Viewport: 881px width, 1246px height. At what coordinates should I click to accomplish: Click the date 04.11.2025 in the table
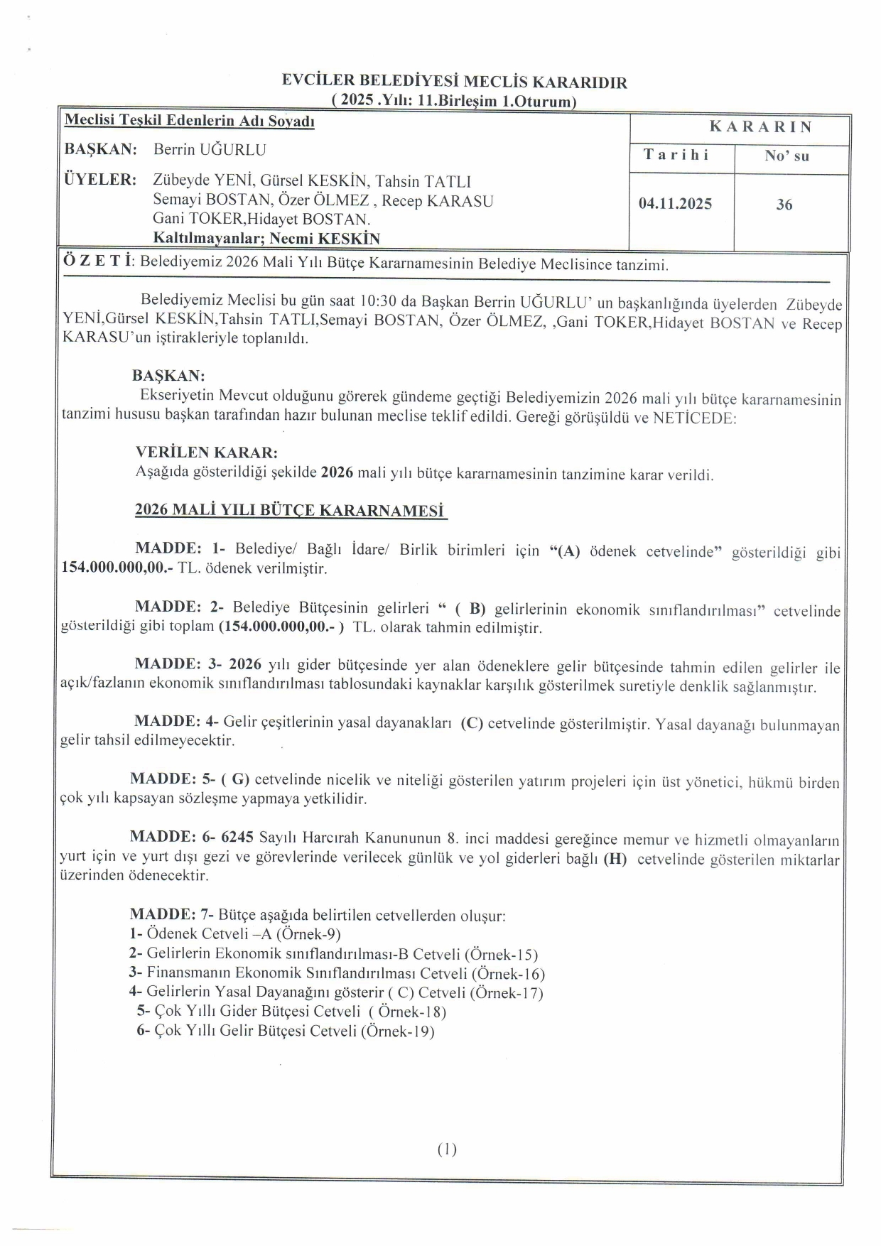(675, 205)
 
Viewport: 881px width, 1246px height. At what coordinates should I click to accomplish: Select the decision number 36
(784, 205)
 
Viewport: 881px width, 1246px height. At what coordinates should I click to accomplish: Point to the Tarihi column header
(676, 155)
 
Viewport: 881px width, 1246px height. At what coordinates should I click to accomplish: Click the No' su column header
(787, 156)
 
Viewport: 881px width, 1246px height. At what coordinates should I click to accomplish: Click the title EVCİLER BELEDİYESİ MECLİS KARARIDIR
(454, 82)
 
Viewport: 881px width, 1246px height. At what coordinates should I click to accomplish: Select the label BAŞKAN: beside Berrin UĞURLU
(100, 150)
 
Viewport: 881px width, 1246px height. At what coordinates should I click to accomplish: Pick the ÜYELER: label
(100, 179)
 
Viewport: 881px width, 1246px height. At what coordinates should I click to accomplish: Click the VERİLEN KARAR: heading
(206, 453)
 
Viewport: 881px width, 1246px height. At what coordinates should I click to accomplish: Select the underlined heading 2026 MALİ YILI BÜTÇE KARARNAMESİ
(289, 511)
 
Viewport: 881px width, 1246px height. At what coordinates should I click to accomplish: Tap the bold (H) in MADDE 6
(615, 860)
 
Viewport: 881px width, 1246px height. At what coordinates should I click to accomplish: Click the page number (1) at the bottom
(447, 1149)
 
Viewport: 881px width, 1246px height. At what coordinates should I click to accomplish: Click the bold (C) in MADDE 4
(472, 724)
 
